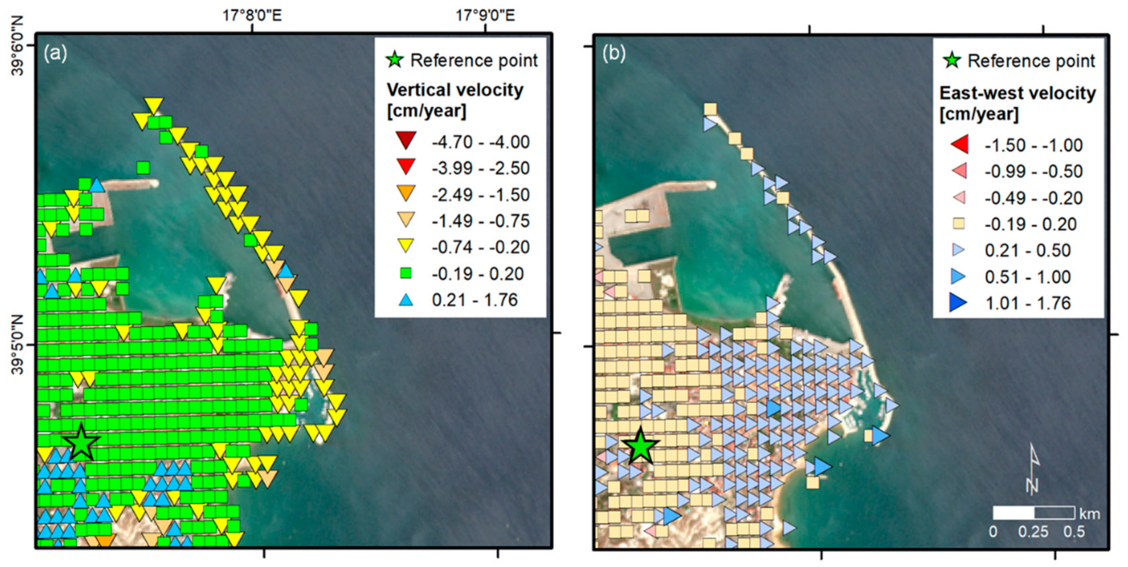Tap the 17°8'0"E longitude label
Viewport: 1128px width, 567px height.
click(x=252, y=16)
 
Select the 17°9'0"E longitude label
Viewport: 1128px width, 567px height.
click(x=485, y=16)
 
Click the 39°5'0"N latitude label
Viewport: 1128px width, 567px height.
click(x=17, y=345)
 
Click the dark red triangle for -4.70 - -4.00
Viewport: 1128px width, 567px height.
click(x=406, y=140)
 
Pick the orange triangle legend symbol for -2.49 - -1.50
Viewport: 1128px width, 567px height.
click(x=406, y=193)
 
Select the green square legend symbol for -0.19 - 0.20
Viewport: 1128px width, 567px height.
click(x=406, y=273)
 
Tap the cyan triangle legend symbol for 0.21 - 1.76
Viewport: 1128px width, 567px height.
click(x=406, y=300)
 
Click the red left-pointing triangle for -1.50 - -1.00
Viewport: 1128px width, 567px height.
click(x=959, y=145)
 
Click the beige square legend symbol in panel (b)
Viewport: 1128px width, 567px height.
click(x=959, y=224)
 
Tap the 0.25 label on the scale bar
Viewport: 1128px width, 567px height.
click(x=1033, y=532)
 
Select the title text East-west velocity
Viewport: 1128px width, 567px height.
click(x=1017, y=93)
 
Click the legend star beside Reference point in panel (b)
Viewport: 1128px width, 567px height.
click(x=952, y=61)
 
